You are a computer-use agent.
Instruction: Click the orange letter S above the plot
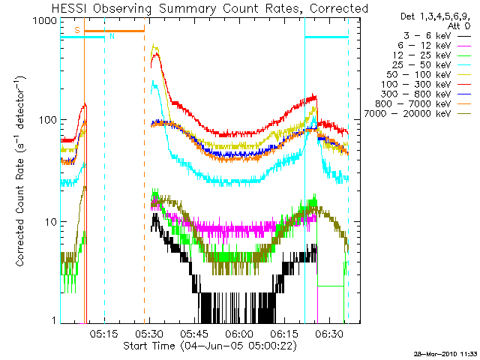76,29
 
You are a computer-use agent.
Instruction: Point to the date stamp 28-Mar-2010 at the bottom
439,352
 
